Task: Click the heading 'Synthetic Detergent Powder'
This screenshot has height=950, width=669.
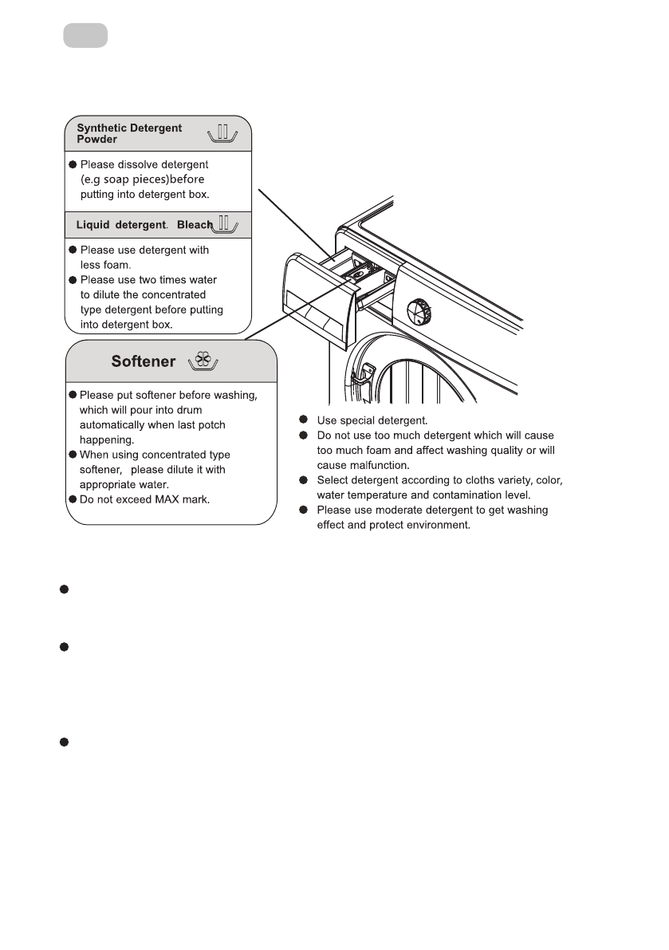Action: [x=129, y=133]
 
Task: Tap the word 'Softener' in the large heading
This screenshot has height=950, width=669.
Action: [x=144, y=362]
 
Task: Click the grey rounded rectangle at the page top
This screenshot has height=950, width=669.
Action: [x=86, y=36]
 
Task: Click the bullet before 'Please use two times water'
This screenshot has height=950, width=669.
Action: [x=73, y=280]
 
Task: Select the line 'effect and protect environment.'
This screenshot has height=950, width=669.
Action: [x=394, y=525]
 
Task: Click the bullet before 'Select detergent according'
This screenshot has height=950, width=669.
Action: [x=303, y=480]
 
